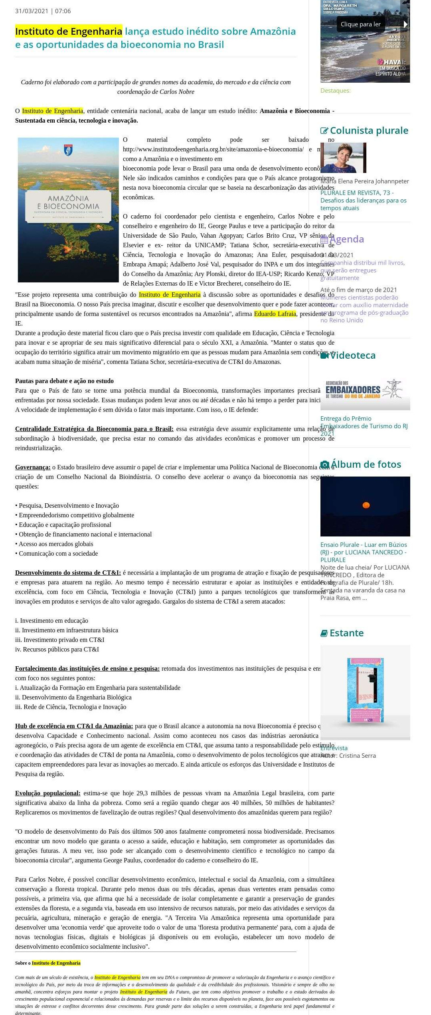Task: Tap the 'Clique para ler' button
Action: coord(360,24)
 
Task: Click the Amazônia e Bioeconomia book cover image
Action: coord(68,210)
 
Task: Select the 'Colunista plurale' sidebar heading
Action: coord(369,131)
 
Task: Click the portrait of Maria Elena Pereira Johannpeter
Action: coord(343,158)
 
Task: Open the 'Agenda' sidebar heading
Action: coord(346,239)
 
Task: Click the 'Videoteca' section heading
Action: coord(352,355)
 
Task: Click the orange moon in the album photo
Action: coord(366,505)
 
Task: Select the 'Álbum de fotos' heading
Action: coord(366,464)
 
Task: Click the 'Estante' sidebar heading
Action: coord(346,633)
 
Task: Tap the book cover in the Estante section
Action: coord(365,690)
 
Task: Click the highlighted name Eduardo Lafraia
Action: coord(275,314)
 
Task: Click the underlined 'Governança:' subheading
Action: coord(33,467)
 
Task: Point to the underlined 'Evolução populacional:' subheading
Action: coord(48,793)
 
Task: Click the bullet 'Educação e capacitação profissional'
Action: coord(65,525)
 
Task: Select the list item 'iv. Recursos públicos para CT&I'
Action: coord(57,650)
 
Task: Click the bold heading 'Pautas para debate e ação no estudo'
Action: coord(64,381)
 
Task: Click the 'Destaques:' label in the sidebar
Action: coord(335,91)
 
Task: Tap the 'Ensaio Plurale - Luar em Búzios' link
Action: coord(364,545)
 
